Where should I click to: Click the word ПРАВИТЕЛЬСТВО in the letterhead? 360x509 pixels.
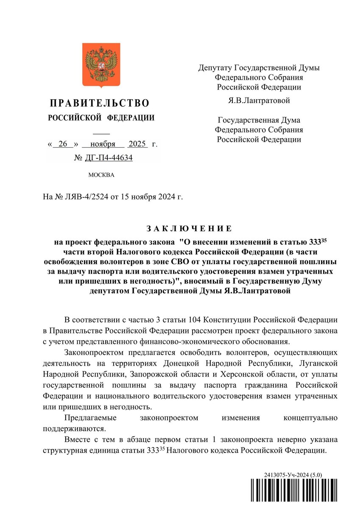click(x=100, y=103)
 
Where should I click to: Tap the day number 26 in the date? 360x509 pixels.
click(x=64, y=144)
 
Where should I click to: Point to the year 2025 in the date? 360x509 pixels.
click(x=137, y=144)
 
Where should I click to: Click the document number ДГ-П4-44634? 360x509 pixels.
click(x=108, y=158)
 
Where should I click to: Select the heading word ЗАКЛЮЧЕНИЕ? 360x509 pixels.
click(x=189, y=229)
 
